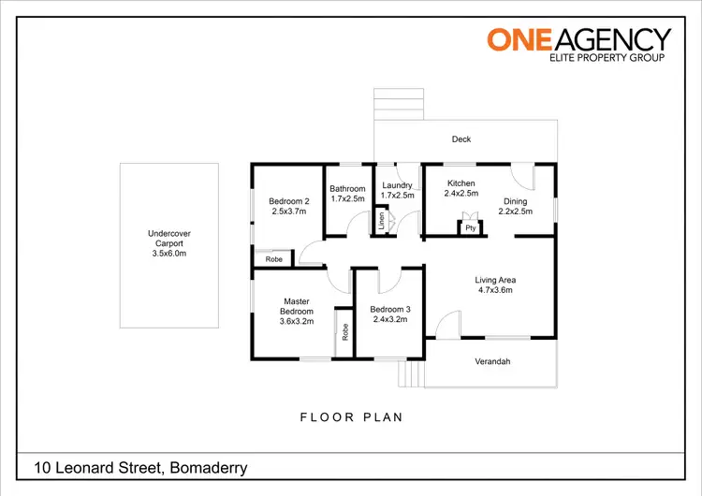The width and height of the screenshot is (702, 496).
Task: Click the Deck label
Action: (x=461, y=139)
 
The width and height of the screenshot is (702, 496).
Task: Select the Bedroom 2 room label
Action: (x=288, y=206)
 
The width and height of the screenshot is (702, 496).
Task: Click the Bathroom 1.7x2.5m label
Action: (x=347, y=194)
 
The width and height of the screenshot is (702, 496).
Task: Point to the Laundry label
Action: (x=398, y=191)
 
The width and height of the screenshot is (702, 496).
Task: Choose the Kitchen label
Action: (x=461, y=188)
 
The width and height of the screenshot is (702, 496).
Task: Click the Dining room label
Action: (x=516, y=206)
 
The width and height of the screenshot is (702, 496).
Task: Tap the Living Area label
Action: (x=495, y=284)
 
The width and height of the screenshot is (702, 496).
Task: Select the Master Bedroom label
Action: (x=296, y=311)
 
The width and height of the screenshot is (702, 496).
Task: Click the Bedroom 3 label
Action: (x=389, y=314)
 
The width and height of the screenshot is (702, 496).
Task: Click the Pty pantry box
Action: (x=470, y=227)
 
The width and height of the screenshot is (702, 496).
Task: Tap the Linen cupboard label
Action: (x=381, y=223)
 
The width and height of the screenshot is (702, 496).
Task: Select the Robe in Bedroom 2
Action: (x=274, y=259)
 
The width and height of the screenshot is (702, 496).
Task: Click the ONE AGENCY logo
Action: (x=578, y=44)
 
